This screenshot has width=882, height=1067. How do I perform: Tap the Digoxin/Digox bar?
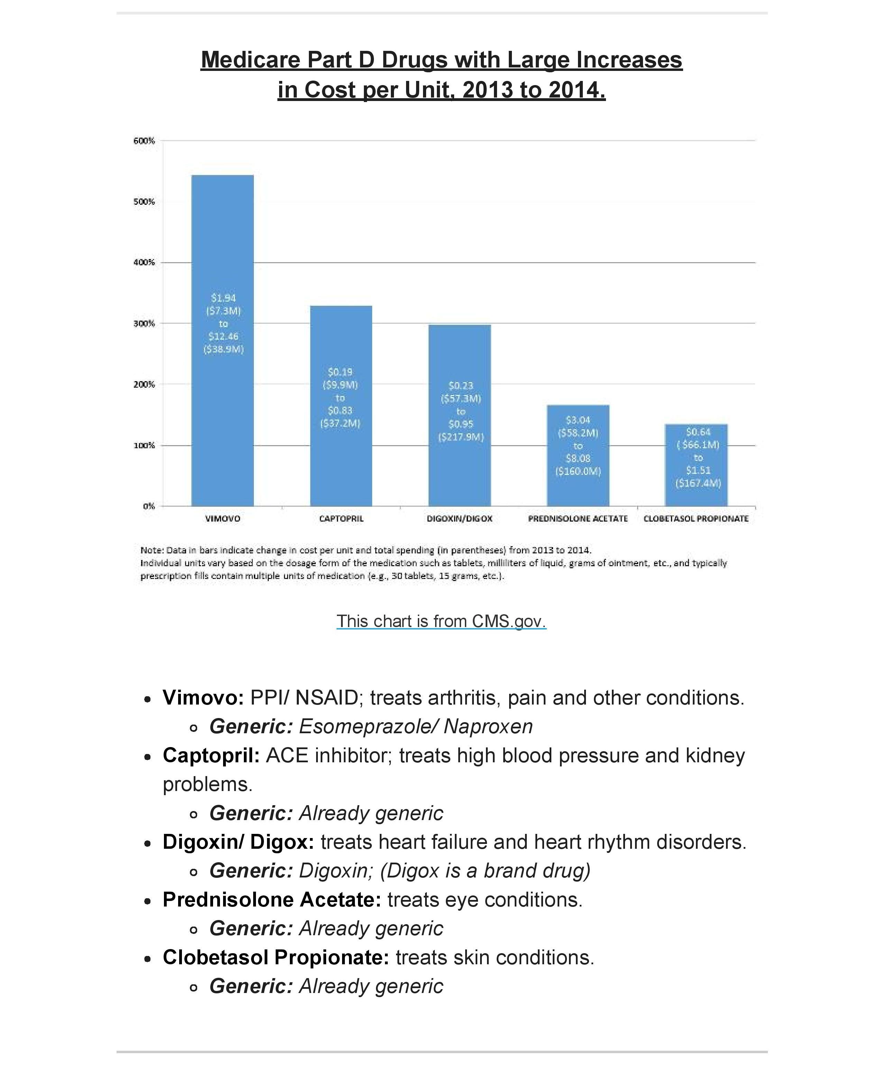click(x=459, y=356)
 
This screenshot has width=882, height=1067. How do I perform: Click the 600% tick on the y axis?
click(x=144, y=141)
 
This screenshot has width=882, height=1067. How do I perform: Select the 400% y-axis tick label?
click(x=144, y=262)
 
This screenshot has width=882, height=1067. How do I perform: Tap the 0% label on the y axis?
click(x=148, y=506)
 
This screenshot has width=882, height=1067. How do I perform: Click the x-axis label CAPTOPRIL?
click(x=341, y=519)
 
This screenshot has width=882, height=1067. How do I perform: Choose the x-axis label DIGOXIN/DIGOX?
click(x=459, y=519)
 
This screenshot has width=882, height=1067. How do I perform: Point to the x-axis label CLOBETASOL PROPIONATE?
click(x=696, y=519)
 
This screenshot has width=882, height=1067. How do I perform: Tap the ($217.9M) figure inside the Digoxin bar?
click(x=461, y=437)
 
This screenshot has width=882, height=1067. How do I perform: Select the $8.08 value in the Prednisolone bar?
click(x=578, y=458)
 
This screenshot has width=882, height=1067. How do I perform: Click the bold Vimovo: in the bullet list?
click(x=203, y=698)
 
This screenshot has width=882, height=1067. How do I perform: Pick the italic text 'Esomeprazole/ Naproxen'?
click(x=416, y=727)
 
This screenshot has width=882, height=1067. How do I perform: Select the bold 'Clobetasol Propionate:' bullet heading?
click(x=275, y=957)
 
